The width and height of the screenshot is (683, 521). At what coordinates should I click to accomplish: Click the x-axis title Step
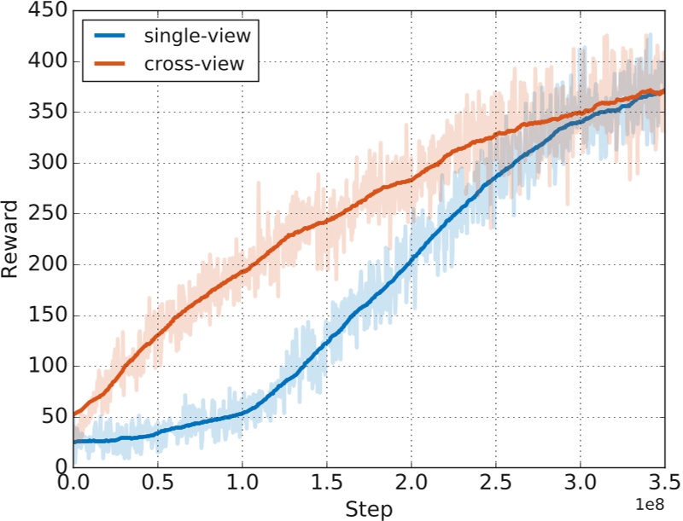pos(369,510)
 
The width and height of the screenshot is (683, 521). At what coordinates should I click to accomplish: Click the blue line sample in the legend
pos(110,37)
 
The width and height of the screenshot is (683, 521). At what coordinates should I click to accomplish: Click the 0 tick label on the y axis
pos(58,466)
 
